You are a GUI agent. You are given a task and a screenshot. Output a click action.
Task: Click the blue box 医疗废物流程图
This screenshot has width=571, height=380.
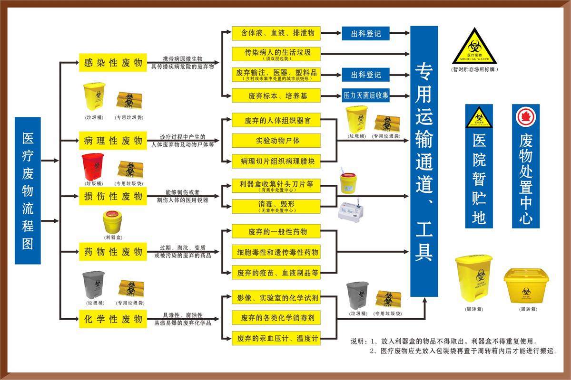click(x=28, y=190)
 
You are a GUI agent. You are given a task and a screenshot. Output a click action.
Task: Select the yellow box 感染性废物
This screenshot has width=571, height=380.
click(x=113, y=63)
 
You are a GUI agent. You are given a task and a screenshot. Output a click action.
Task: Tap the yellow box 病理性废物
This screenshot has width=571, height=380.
click(x=113, y=141)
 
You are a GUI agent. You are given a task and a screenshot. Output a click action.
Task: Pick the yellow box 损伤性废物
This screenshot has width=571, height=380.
click(x=113, y=196)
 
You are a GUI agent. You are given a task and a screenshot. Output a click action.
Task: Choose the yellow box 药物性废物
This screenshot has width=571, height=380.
click(x=113, y=251)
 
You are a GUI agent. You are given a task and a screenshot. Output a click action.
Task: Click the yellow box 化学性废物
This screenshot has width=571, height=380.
click(x=113, y=319)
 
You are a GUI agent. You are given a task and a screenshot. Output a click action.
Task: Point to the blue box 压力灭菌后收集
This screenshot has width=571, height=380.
click(x=366, y=95)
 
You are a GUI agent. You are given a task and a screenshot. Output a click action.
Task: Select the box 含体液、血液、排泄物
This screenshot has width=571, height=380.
click(x=276, y=33)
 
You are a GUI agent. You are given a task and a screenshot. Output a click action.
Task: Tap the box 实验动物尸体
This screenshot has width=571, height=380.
click(x=276, y=141)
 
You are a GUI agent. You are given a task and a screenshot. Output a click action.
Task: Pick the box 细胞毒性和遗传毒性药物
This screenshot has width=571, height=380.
click(x=276, y=252)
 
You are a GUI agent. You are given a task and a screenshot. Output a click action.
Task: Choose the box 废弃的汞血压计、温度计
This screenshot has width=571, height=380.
click(x=276, y=339)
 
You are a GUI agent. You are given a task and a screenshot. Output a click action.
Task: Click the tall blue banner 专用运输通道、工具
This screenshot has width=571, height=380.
click(x=423, y=161)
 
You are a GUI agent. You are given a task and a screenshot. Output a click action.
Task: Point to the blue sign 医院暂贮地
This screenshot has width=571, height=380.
click(x=479, y=166)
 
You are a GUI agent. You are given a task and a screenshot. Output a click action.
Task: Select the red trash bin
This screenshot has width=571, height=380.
click(x=93, y=167)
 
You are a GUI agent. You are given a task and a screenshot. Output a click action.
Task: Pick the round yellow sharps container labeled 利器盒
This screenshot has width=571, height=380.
click(x=113, y=222)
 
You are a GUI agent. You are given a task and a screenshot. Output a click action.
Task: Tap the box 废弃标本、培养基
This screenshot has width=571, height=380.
click(x=276, y=95)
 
